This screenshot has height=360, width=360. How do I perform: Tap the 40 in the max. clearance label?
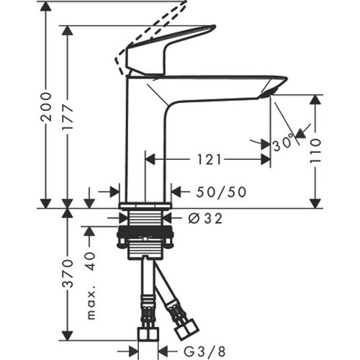tap(90, 261)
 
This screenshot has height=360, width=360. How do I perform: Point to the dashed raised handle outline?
tap(155, 29)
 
